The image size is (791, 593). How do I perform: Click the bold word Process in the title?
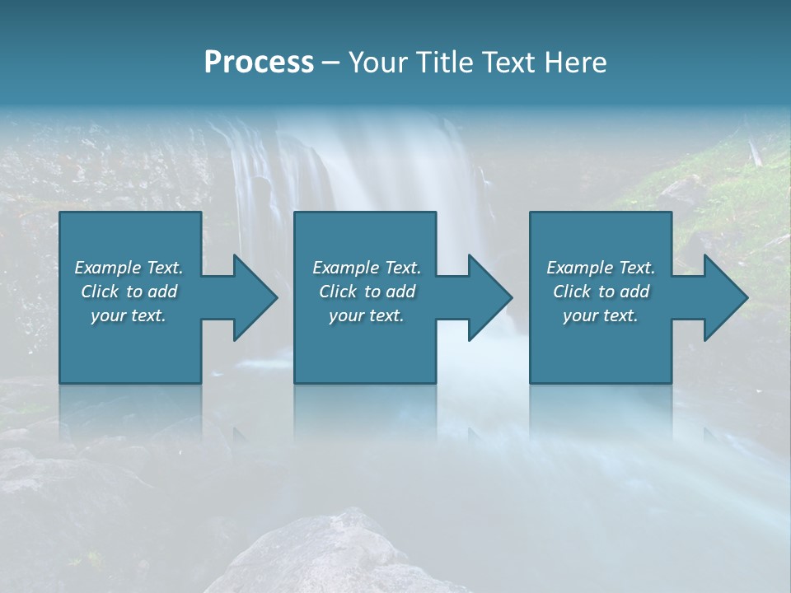pos(259,63)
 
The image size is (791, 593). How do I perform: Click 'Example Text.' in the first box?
pos(129,268)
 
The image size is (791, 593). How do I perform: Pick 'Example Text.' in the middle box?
pos(367,268)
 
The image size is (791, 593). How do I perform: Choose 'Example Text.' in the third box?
pos(601,268)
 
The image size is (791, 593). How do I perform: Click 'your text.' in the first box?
pos(129,315)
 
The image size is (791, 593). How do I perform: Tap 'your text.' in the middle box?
pos(367,315)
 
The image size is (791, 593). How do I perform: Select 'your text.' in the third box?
pos(601,315)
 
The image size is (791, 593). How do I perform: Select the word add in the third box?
pos(635,292)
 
